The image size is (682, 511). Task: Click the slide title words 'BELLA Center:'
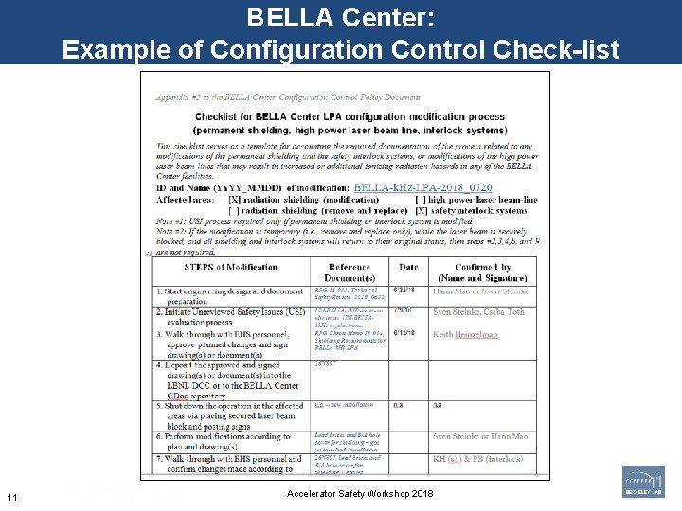[x=340, y=17]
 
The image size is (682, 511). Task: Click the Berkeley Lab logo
[x=643, y=482]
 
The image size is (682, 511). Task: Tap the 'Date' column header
[x=407, y=267]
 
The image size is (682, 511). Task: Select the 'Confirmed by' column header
[x=482, y=273]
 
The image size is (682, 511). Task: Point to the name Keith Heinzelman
[x=466, y=334]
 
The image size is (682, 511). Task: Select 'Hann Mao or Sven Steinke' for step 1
[x=480, y=292]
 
